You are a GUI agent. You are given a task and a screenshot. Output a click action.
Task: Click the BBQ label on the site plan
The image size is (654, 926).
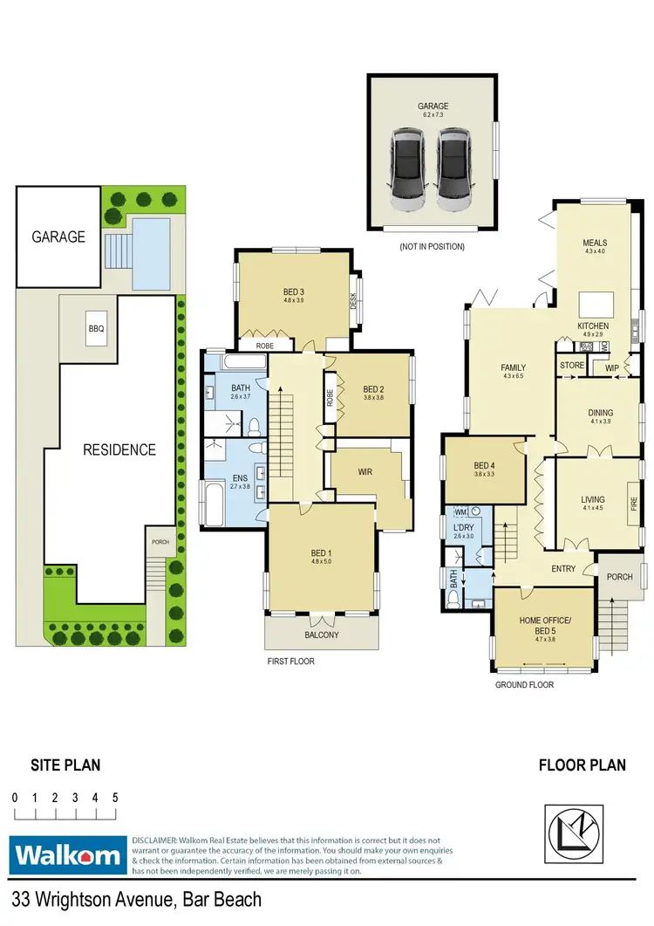(96, 329)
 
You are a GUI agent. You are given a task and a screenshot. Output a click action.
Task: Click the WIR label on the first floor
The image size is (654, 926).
(366, 472)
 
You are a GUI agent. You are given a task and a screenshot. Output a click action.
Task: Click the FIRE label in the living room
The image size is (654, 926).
(634, 504)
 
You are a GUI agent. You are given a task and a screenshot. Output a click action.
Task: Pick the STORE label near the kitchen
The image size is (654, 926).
(572, 365)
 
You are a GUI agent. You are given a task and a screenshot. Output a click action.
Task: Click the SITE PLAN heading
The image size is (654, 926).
(65, 765)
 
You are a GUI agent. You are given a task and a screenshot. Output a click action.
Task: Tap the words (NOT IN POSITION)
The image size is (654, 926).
(432, 247)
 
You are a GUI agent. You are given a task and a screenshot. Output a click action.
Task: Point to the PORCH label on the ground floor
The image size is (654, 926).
(619, 576)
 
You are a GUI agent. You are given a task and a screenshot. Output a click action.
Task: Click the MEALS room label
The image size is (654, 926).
(595, 243)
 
